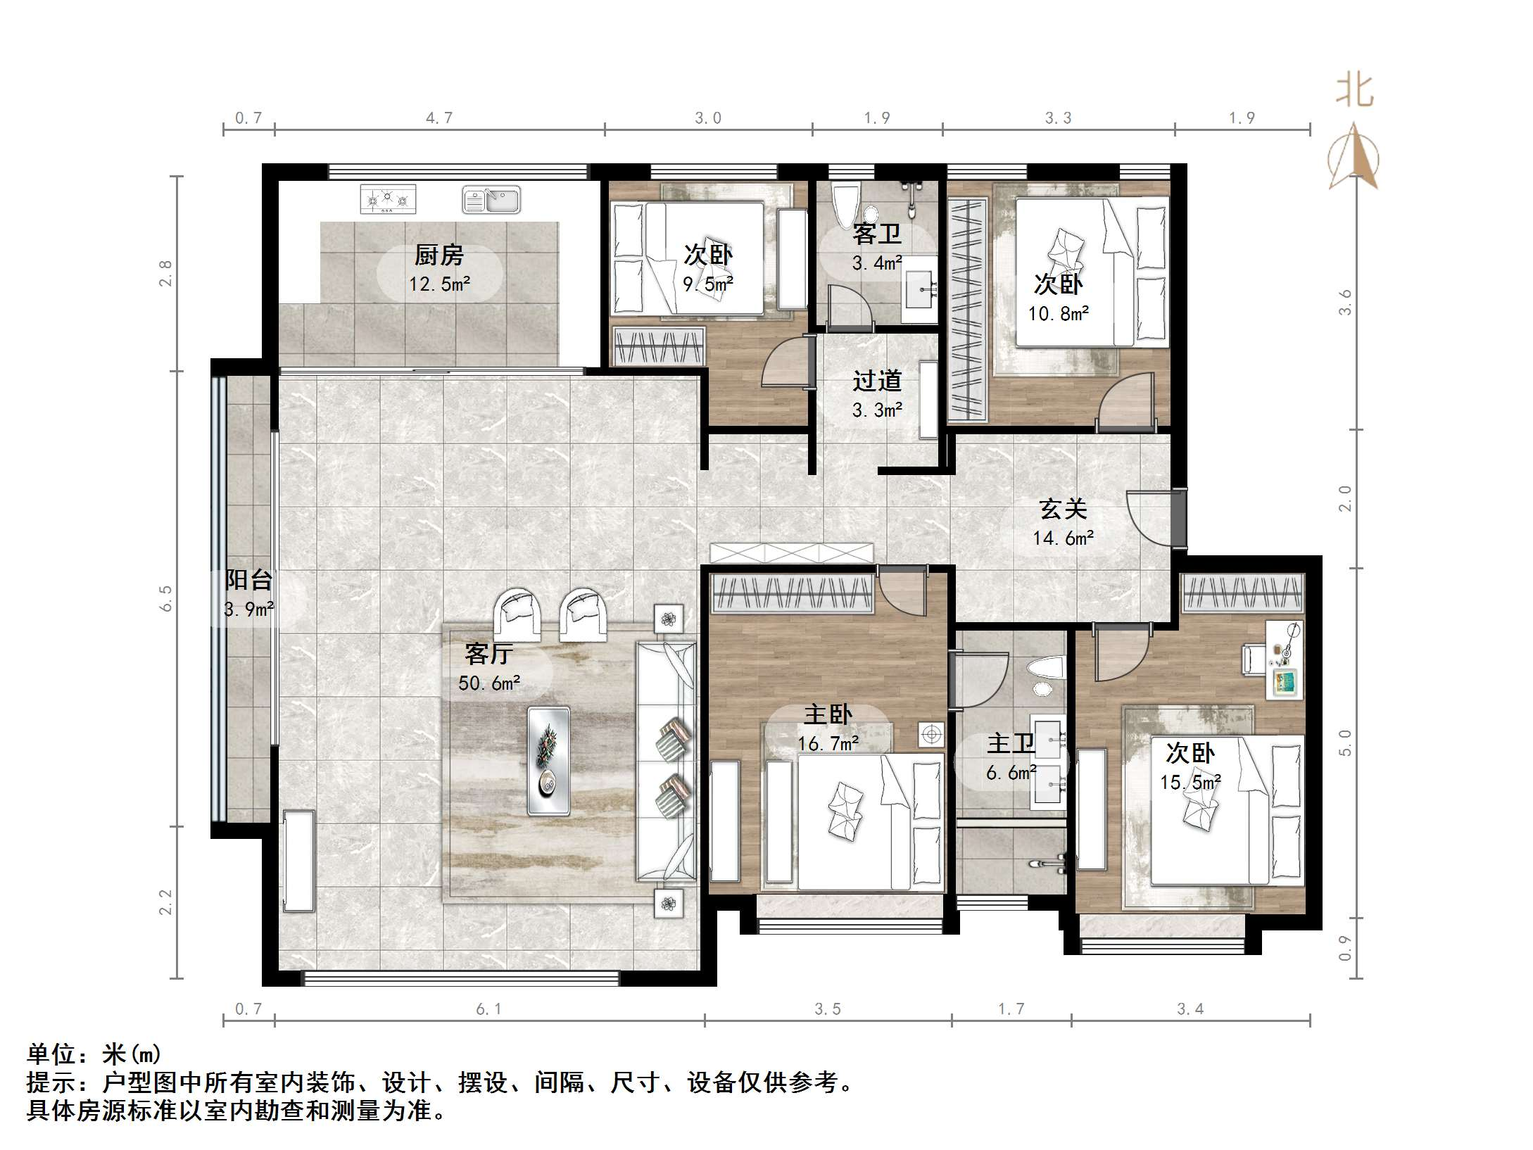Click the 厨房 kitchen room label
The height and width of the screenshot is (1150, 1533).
[x=439, y=255]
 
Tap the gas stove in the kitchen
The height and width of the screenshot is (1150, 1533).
[x=388, y=199]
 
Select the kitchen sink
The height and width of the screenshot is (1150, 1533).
[x=491, y=200]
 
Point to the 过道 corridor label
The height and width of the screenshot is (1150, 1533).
[x=876, y=381]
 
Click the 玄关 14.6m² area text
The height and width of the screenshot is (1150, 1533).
[x=1063, y=538]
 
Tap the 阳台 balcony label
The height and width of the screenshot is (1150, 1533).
[x=248, y=580]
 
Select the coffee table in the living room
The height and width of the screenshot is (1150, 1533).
[x=548, y=761]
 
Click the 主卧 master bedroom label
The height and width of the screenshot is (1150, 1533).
[x=828, y=715]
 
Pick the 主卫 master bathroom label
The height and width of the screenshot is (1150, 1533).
[x=1011, y=744]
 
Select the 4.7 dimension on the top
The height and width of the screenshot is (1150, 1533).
[x=439, y=118]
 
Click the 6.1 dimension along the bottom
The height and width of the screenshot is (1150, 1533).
[x=488, y=1009]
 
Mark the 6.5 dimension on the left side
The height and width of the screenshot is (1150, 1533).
[x=166, y=598]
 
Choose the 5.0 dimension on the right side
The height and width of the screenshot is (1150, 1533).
[x=1345, y=743]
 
